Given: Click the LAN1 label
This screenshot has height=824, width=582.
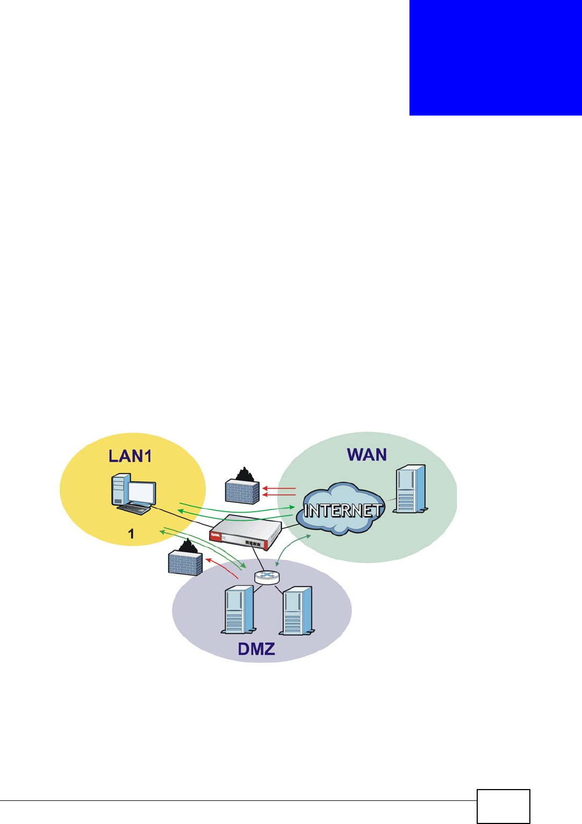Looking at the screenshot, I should pos(130,456).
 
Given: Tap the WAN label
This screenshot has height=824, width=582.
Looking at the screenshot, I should pos(367,455).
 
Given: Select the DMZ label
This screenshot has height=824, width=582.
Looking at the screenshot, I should pos(256,648).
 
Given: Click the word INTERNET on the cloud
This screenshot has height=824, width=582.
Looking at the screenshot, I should pos(343,510).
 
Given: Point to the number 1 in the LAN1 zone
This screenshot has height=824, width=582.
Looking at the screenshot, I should pos(131,534).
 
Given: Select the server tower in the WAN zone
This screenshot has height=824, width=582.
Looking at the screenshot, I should pos(411,490).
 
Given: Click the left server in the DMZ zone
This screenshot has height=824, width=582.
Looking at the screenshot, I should pos(238,610).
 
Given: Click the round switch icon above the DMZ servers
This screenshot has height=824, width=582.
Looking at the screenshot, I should pos(267,577).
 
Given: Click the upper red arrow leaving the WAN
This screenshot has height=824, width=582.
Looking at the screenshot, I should pos(279,489).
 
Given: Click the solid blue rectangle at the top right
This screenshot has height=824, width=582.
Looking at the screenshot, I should pos(495,58).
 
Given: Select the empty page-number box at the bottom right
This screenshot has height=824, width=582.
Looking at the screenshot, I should pos(503,806).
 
